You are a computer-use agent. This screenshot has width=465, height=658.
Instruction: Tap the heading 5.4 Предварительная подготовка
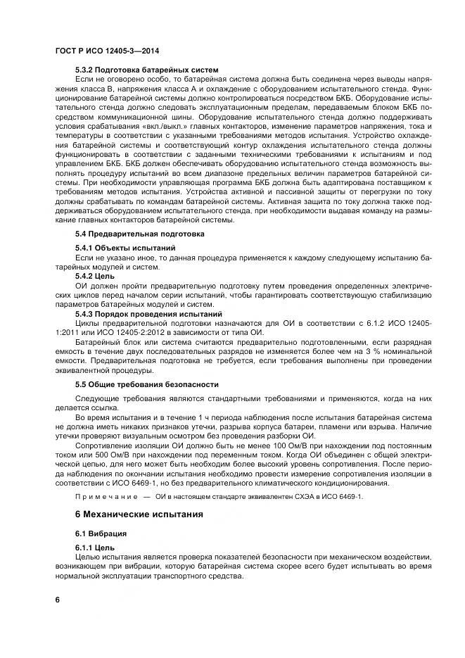pos(139,233)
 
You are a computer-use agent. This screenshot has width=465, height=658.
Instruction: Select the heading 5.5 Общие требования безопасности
pos(146,384)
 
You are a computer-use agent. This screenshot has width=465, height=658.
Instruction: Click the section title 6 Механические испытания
pos(139,514)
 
